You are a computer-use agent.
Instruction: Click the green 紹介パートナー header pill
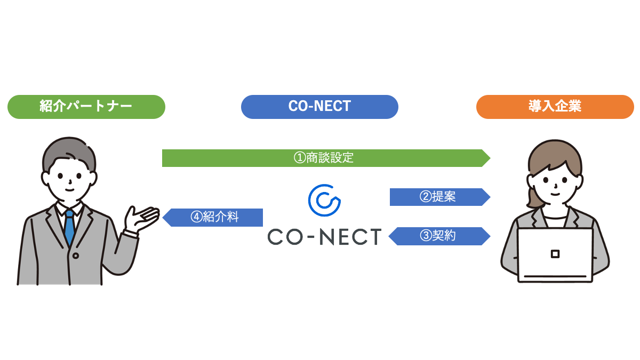pyautogui.click(x=86, y=107)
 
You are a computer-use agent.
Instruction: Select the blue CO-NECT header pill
pyautogui.click(x=319, y=107)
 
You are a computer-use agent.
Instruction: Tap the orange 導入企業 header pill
pyautogui.click(x=555, y=107)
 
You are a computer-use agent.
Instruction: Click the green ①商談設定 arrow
pyautogui.click(x=325, y=158)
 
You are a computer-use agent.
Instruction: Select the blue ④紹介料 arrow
pyautogui.click(x=213, y=218)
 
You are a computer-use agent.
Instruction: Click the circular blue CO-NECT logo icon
pyautogui.click(x=324, y=199)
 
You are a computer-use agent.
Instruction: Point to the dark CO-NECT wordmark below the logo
pyautogui.click(x=324, y=236)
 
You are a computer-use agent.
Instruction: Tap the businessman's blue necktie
pyautogui.click(x=69, y=227)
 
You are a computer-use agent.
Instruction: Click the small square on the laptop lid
pyautogui.click(x=555, y=253)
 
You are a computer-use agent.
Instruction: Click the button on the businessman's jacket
pyautogui.click(x=75, y=256)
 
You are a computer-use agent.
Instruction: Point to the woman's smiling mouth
pyautogui.click(x=556, y=193)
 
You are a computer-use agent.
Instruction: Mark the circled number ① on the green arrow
pyautogui.click(x=299, y=158)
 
